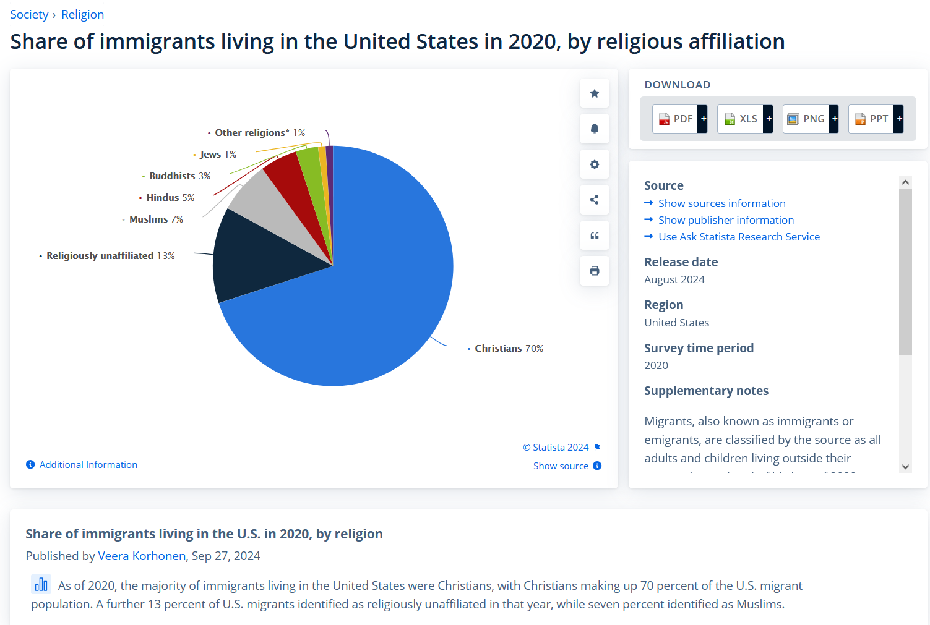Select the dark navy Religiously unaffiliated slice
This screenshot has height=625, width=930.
coord(260,260)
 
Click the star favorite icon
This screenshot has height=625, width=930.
coord(595,93)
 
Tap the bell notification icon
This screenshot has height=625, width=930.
coord(595,129)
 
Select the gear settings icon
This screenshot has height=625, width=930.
coord(595,164)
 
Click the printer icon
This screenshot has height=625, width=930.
coord(595,271)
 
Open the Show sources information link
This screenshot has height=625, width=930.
coord(721,203)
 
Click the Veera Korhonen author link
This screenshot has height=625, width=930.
coord(142,556)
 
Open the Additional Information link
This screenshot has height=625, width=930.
coord(88,465)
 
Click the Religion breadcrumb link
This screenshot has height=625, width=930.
coord(82,14)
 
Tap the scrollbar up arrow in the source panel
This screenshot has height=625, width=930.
coord(905,182)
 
